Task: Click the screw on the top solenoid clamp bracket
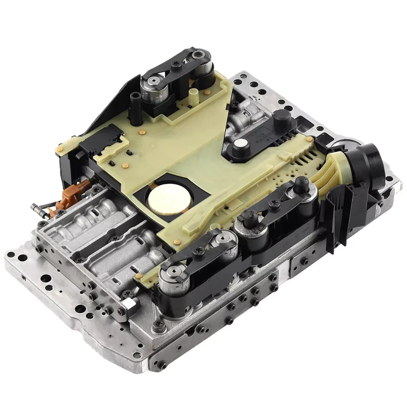point(174,65)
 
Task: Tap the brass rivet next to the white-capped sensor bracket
point(310,139)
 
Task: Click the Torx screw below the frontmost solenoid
point(159,323)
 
